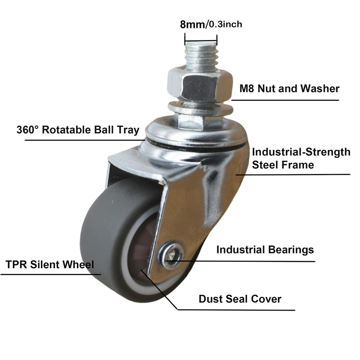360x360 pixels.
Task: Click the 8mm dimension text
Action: click(193, 24)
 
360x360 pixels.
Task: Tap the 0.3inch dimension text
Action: click(225, 24)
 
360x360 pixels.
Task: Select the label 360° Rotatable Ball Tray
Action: click(78, 130)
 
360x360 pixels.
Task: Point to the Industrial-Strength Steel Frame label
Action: click(301, 158)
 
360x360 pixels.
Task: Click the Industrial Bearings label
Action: click(265, 249)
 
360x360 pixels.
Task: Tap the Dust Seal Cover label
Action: click(240, 299)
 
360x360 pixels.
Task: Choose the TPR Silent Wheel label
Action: click(50, 264)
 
